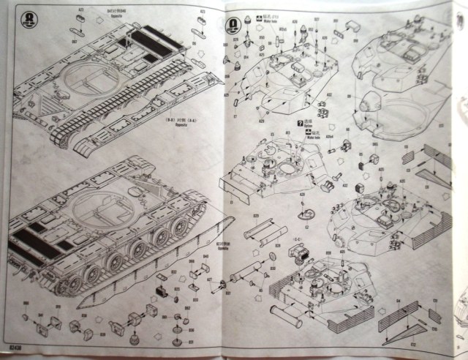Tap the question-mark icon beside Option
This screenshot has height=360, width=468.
coord(298,124)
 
